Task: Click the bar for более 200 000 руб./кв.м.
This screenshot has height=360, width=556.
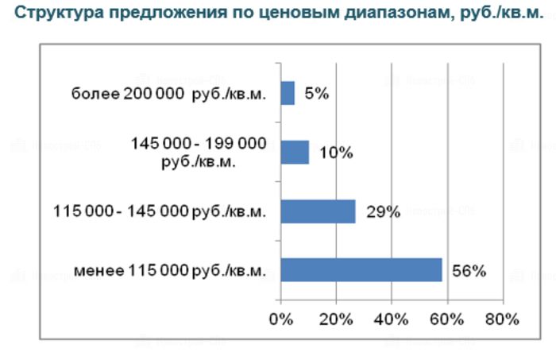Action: point(288,93)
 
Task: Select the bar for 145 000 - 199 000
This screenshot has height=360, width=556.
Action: point(295,152)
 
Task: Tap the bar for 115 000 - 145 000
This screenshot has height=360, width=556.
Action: point(318,211)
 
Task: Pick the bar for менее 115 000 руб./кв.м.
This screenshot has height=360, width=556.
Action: point(361,270)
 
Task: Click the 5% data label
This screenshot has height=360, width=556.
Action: point(316,93)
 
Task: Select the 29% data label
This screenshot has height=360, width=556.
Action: point(384,211)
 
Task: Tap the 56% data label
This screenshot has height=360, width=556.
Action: point(468,270)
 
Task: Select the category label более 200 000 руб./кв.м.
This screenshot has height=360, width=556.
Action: point(168,94)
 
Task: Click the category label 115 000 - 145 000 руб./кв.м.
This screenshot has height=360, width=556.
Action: point(159,212)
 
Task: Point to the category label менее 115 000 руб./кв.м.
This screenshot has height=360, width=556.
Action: point(168,271)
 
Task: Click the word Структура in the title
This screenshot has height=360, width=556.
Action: point(54,14)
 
